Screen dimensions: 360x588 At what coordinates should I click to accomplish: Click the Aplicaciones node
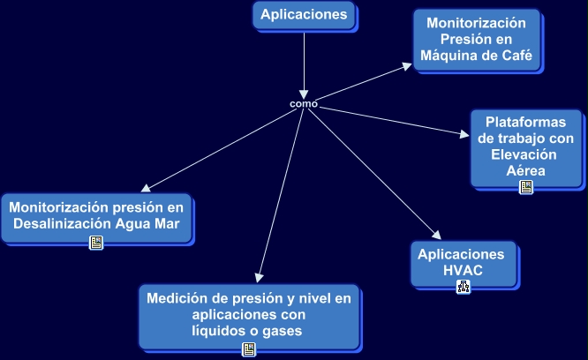click(305, 15)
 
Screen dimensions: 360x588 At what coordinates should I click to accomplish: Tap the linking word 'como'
click(303, 104)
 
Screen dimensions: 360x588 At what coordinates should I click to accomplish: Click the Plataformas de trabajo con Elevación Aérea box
click(525, 145)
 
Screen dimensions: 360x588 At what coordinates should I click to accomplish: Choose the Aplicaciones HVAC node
click(463, 262)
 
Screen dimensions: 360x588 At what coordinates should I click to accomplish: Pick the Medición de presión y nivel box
click(249, 315)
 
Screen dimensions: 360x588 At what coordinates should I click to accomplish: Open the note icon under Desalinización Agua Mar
click(96, 243)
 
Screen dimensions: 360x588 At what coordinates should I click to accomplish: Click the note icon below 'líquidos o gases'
click(249, 350)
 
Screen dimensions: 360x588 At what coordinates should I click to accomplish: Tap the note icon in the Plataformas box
click(525, 187)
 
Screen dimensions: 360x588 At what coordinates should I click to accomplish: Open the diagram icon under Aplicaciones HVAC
click(463, 286)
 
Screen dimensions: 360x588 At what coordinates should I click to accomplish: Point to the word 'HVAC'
click(463, 270)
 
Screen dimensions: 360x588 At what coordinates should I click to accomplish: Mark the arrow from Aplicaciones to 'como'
click(304, 62)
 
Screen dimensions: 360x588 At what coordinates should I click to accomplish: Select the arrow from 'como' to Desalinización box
click(221, 148)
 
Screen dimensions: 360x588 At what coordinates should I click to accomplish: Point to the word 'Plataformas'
click(525, 122)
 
